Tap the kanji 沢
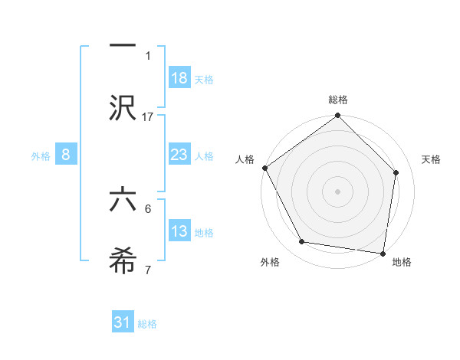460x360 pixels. click(123, 107)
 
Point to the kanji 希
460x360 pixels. click(123, 260)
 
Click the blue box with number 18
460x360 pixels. click(179, 78)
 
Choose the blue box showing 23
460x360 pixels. click(179, 155)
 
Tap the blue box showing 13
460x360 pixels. click(179, 231)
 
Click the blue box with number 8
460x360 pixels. click(66, 155)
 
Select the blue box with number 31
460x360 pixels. click(123, 322)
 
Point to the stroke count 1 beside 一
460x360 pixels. click(149, 55)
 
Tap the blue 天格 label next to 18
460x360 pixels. click(204, 79)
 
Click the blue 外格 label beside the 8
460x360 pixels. click(41, 155)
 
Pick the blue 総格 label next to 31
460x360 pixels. click(147, 323)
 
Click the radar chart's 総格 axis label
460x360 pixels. click(338, 100)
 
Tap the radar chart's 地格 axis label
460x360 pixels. click(402, 262)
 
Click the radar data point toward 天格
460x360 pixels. click(396, 173)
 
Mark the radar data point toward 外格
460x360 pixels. click(302, 242)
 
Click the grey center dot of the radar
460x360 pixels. click(338, 191)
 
